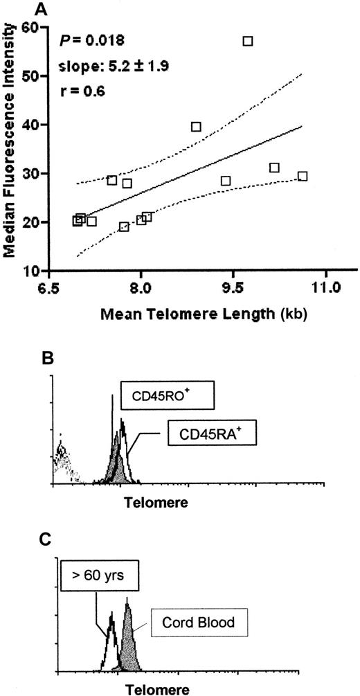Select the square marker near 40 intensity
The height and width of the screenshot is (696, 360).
click(196, 127)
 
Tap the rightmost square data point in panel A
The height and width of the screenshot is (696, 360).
click(302, 176)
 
